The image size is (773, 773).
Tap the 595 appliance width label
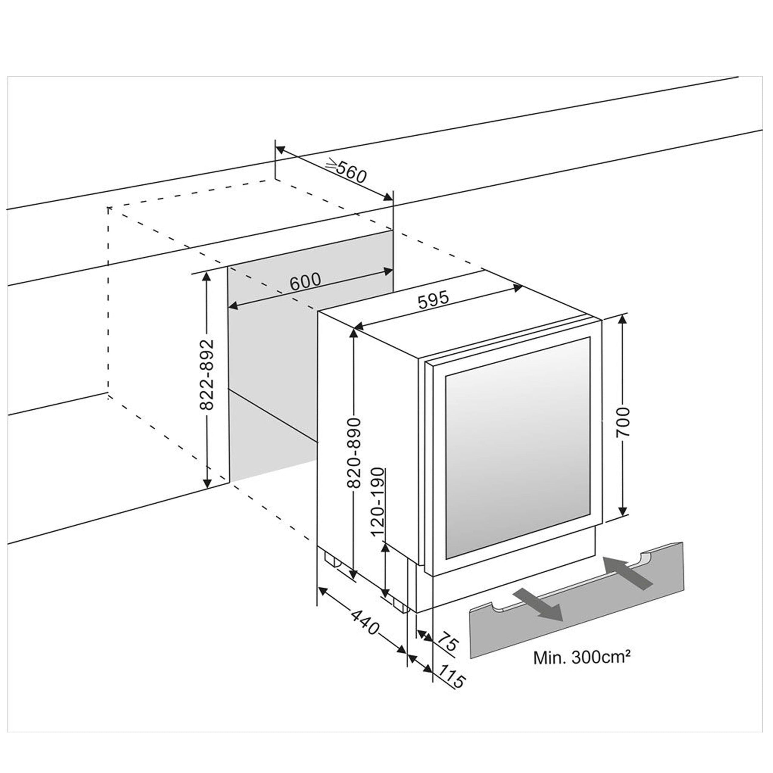433,300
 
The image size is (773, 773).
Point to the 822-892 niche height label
207,375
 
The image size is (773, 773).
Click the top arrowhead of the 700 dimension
623,320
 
